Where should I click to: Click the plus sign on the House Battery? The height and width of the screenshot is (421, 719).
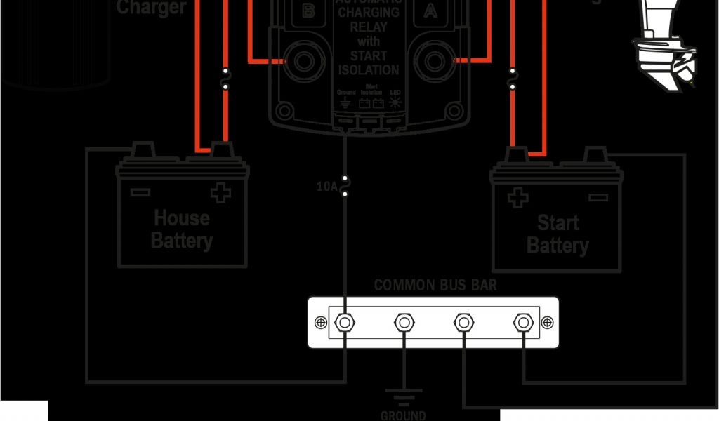pyautogui.click(x=220, y=193)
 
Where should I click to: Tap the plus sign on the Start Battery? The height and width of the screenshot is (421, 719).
pyautogui.click(x=517, y=198)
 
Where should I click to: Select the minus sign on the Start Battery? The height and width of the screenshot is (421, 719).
pyautogui.click(x=598, y=198)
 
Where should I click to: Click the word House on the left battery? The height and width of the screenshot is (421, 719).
pyautogui.click(x=182, y=218)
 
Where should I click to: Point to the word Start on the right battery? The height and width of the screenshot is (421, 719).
pyautogui.click(x=558, y=223)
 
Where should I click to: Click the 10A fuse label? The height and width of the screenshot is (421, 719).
pyautogui.click(x=326, y=187)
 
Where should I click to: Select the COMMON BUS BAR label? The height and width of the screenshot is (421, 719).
pyautogui.click(x=435, y=286)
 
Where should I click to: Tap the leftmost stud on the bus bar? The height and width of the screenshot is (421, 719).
pyautogui.click(x=344, y=323)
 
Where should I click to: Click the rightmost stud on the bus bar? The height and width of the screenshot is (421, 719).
pyautogui.click(x=522, y=323)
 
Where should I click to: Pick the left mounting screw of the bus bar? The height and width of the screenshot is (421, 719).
pyautogui.click(x=321, y=323)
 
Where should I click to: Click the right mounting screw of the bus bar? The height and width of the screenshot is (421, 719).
pyautogui.click(x=546, y=323)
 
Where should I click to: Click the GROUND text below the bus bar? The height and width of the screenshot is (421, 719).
pyautogui.click(x=403, y=415)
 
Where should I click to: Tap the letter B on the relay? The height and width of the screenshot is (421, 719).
pyautogui.click(x=308, y=11)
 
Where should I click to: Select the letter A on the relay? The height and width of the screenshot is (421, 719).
pyautogui.click(x=428, y=11)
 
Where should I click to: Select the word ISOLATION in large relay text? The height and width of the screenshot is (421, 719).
pyautogui.click(x=369, y=70)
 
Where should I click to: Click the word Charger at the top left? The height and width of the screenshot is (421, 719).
pyautogui.click(x=151, y=8)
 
